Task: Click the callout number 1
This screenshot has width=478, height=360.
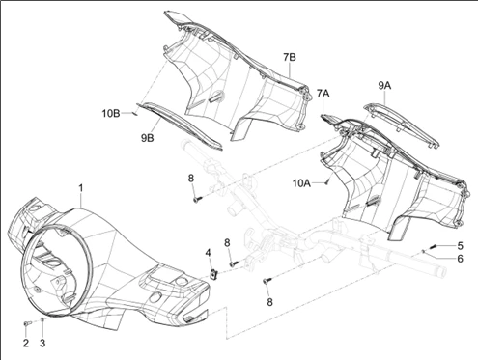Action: pyautogui.click(x=81, y=188)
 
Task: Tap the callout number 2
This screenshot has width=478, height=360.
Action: pyautogui.click(x=26, y=343)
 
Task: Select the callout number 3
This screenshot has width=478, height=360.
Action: pyautogui.click(x=42, y=343)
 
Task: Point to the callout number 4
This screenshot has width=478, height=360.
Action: pyautogui.click(x=209, y=253)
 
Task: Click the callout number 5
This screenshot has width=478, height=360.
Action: pyautogui.click(x=461, y=246)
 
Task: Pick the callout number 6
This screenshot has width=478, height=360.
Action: pyautogui.click(x=461, y=258)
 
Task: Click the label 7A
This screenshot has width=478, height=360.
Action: pyautogui.click(x=323, y=94)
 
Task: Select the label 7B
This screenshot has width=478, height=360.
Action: pyautogui.click(x=290, y=57)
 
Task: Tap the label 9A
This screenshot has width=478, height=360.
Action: pyautogui.click(x=384, y=86)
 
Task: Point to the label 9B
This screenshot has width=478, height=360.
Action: pyautogui.click(x=147, y=138)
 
